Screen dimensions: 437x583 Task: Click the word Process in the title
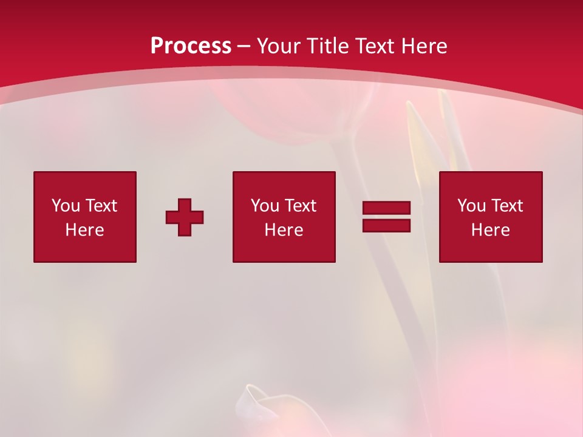[191, 46]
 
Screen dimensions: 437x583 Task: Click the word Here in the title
[425, 46]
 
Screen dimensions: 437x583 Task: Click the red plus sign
[185, 217]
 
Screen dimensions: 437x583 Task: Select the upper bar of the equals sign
[386, 208]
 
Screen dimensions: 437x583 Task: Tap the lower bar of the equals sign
[386, 225]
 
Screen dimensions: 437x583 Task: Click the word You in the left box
[66, 206]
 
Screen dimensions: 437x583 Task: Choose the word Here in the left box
[84, 230]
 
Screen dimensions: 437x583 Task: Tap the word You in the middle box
[265, 206]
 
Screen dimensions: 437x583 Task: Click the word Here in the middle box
[284, 230]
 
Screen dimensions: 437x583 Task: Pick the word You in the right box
[471, 206]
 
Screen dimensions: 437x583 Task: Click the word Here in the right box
[490, 230]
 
